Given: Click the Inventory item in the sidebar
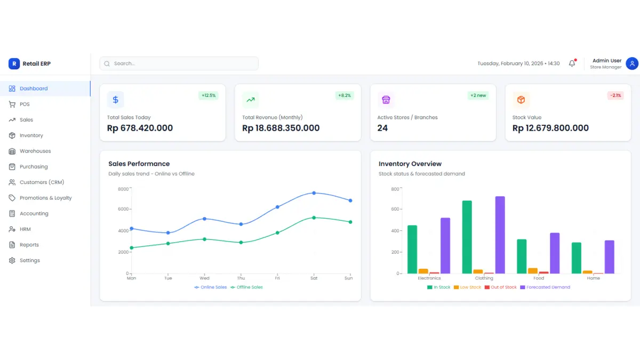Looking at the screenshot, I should tap(31, 135).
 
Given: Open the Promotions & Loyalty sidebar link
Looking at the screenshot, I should tap(45, 198).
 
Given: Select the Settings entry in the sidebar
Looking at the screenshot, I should tap(29, 260).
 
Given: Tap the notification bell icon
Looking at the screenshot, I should tap(572, 63).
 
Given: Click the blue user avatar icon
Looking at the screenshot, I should tap(632, 63).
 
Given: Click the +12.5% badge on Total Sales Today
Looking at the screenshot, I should tap(208, 95).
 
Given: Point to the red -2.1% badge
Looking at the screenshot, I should tap(615, 95).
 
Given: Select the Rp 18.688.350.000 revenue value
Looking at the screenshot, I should tap(281, 128).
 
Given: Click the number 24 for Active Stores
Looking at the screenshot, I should tap(382, 128).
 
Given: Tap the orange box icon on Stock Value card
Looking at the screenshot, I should tap(521, 100).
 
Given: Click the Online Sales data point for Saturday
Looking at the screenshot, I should tap(314, 193).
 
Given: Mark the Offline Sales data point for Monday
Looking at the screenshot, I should tap(132, 247).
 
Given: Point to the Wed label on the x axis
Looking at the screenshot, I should tap(204, 278).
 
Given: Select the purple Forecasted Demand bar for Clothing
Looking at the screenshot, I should tap(500, 235).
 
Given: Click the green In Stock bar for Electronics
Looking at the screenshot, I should tap(412, 249).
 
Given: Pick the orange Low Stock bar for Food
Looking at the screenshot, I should tap(533, 270).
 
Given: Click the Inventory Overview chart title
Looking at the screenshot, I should tap(410, 164).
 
